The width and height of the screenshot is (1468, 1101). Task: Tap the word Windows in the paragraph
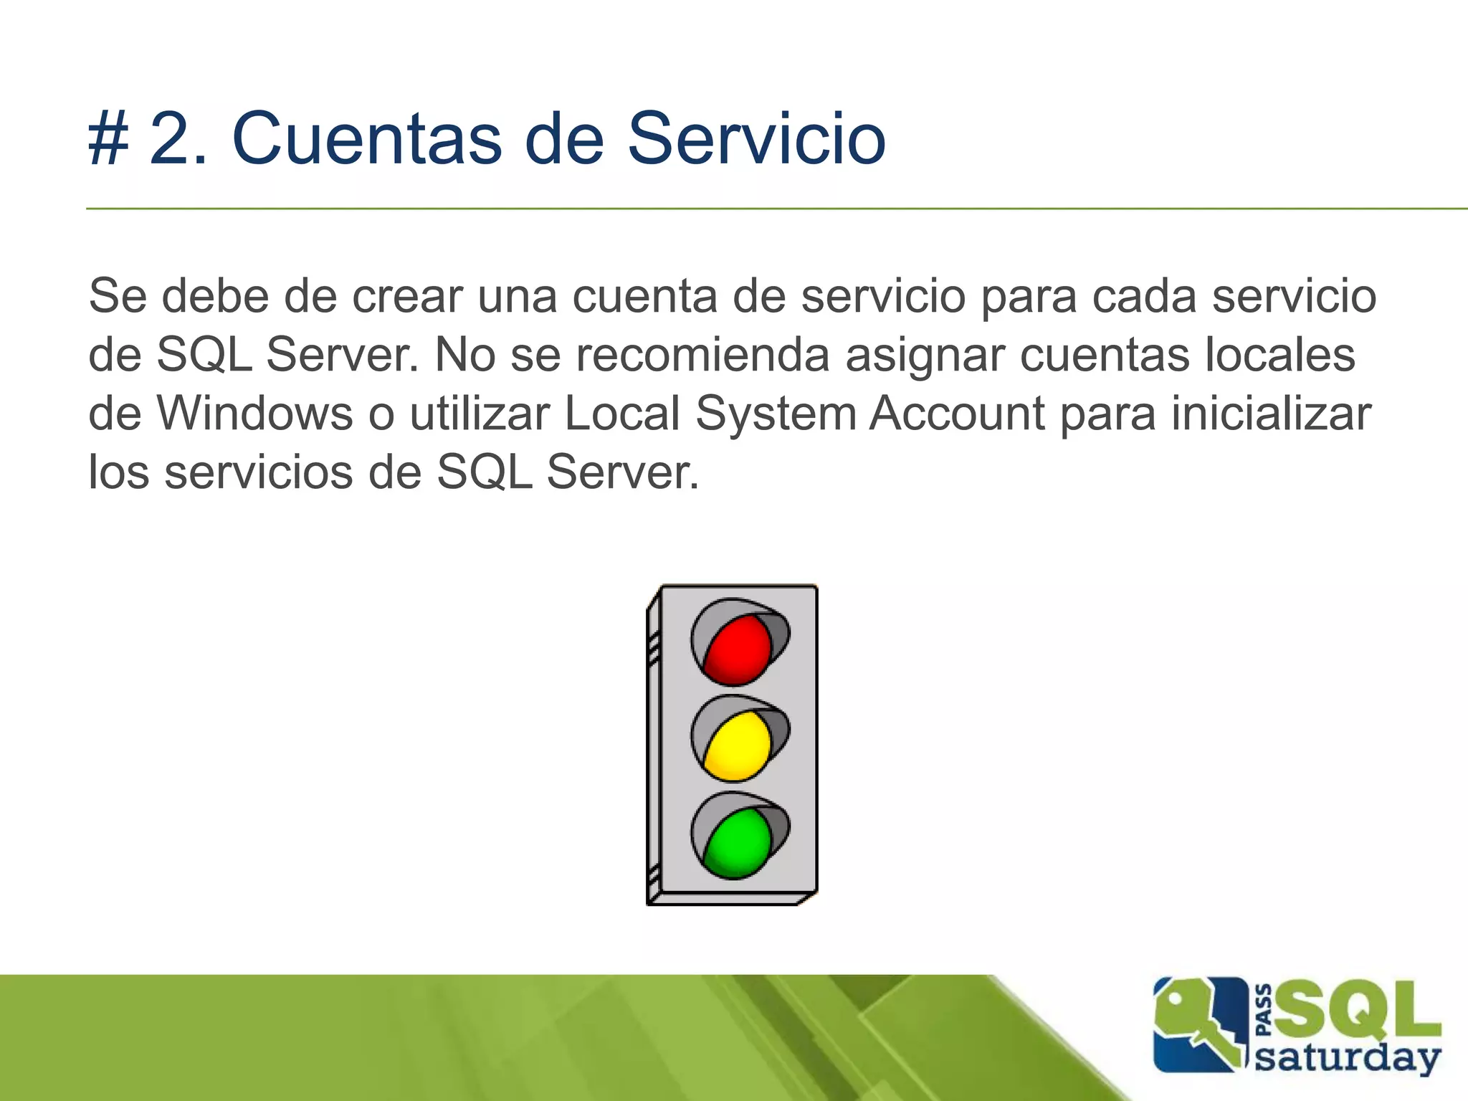[x=255, y=414]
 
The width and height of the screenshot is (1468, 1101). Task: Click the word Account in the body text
[x=957, y=414]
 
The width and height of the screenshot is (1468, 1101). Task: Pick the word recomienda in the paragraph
[x=702, y=355]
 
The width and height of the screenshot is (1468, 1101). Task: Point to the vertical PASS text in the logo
[x=1264, y=1011]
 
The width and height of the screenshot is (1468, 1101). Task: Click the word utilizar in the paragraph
[x=479, y=414]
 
